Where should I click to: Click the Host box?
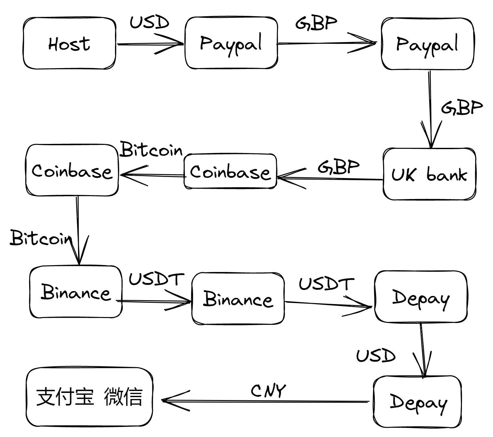pos(69,43)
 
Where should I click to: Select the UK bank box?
pos(429,174)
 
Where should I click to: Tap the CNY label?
pos(268,391)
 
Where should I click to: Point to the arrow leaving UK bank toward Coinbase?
pos(330,178)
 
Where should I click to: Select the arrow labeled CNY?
pos(266,401)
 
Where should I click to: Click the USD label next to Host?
pos(149,22)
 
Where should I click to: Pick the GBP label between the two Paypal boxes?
pos(316,23)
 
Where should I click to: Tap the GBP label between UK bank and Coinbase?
pos(338,167)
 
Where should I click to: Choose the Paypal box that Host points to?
pos(231,43)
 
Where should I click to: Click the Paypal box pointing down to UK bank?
pos(427,44)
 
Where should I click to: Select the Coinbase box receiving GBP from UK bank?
pos(230,171)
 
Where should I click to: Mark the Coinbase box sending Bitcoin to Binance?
pos(72,171)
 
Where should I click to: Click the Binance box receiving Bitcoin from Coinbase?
pos(76,292)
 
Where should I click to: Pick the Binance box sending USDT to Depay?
pos(238,299)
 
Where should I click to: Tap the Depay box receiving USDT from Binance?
pos(421,297)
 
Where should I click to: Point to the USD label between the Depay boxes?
pos(376,356)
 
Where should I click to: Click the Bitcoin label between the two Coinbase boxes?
pos(151,150)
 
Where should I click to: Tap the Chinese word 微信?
pos(123,397)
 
